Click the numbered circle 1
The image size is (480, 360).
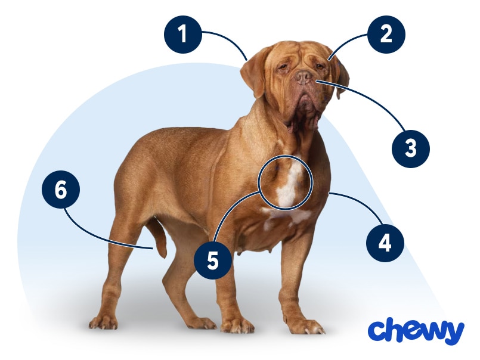(x=182, y=35)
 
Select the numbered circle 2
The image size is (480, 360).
(x=386, y=35)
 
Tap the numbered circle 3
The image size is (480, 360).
(x=410, y=148)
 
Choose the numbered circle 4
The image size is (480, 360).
(x=385, y=243)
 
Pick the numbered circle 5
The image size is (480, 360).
(x=213, y=260)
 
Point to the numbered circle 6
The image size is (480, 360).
(x=61, y=190)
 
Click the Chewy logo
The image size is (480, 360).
(x=416, y=331)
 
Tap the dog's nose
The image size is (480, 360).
(x=304, y=77)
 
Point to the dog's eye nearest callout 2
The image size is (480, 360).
(x=319, y=66)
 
